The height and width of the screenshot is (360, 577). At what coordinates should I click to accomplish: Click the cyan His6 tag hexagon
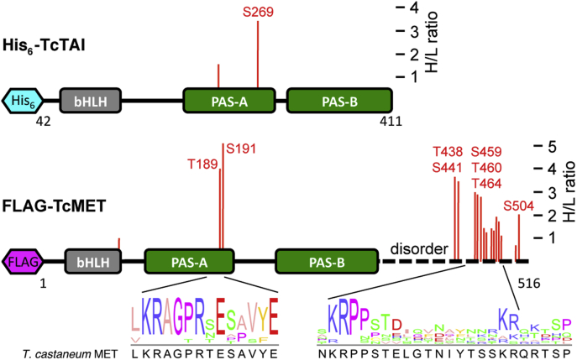pos(26,102)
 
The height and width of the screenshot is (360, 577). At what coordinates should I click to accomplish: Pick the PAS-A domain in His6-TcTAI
pos(229,102)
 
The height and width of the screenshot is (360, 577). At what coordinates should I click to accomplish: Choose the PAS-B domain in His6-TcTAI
pos(339,102)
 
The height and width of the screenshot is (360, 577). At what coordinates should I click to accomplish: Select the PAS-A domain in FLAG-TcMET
pos(190,262)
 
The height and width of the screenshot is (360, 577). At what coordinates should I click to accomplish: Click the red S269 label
pos(257,12)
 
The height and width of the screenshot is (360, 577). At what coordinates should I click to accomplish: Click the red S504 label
pos(519,206)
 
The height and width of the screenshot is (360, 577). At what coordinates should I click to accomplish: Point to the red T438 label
pos(448,152)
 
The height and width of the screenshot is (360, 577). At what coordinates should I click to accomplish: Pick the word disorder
pos(417,249)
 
